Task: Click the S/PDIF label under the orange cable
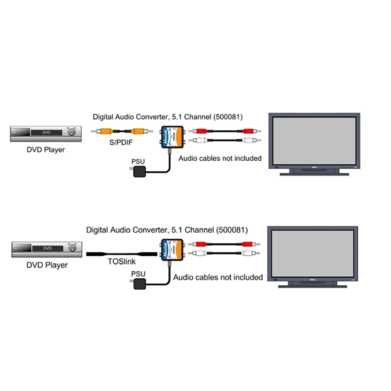pos(121,142)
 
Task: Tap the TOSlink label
pos(122,261)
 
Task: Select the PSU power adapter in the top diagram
pos(139,172)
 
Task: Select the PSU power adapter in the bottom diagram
pos(139,284)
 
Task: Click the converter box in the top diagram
pos(172,137)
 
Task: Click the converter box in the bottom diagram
pos(172,250)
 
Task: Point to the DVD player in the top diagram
pos(46,134)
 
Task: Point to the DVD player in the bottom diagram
pos(47,249)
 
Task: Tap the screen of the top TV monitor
pos(314,141)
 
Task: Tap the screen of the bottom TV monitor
pos(312,252)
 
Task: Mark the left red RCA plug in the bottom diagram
pos(201,244)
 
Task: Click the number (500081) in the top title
pos(228,117)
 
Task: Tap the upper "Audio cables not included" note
pos(220,159)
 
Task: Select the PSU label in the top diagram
pos(138,162)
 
